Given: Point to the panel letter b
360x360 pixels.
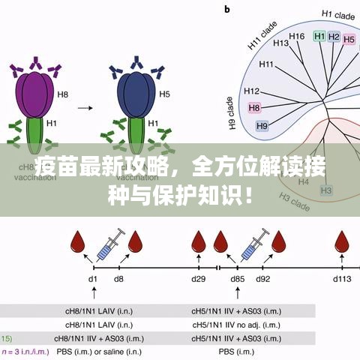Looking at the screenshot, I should [227, 9].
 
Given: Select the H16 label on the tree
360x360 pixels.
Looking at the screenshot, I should [297, 36].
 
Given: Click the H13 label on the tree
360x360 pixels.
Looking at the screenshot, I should [281, 43].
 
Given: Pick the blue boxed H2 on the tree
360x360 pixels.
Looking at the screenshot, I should [334, 37].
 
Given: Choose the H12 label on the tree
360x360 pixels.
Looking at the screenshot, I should [252, 91].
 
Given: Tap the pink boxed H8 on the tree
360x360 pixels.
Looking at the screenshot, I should [254, 108].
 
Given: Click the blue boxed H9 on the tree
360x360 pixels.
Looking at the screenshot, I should [262, 125].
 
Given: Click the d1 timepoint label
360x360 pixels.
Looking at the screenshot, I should [92, 279].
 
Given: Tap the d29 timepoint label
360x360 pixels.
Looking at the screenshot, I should [198, 279].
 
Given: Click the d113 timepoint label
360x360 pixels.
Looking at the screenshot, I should [342, 279].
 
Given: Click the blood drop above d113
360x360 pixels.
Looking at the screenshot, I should [342, 242].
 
